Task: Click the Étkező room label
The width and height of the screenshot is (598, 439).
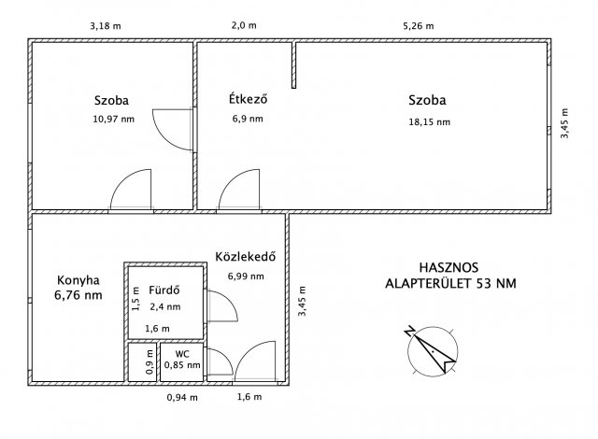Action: click(248, 99)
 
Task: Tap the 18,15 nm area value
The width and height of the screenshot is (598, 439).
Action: click(430, 122)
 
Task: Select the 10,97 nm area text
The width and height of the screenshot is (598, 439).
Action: click(114, 120)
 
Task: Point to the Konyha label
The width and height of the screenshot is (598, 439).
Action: click(78, 280)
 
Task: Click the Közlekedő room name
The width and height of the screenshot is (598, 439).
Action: click(245, 257)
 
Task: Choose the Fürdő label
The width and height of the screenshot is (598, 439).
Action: click(164, 290)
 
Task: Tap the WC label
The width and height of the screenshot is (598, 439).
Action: click(182, 354)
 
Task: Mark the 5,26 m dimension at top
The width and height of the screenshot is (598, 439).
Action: click(419, 26)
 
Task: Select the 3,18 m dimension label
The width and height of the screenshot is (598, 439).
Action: click(106, 26)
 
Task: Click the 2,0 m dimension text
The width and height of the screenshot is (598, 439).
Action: click(244, 25)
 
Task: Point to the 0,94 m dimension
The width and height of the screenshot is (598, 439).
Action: click(182, 398)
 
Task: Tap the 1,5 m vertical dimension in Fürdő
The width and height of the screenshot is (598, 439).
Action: click(135, 298)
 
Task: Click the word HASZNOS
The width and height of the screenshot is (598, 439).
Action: click(448, 267)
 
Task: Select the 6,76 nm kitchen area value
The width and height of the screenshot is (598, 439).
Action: click(78, 295)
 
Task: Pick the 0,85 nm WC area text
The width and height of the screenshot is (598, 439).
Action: click(182, 365)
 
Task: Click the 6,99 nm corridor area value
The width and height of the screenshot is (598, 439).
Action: click(246, 276)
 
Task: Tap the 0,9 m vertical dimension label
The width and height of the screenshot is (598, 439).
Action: click(149, 362)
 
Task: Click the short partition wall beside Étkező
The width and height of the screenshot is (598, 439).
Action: click(293, 65)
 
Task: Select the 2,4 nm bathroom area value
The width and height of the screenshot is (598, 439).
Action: click(165, 306)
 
